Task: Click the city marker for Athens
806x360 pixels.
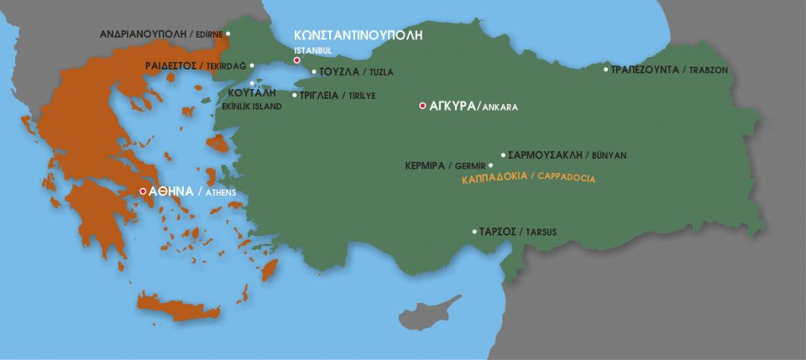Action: [x=144, y=191]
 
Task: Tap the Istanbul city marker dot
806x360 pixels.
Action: [x=296, y=60]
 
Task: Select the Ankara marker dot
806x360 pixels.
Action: [x=421, y=106]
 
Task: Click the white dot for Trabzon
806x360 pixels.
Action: [x=606, y=69]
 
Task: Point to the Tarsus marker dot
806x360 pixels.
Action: [x=474, y=232]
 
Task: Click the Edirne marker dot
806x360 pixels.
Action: [x=228, y=34]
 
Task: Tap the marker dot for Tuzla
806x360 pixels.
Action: [x=314, y=71]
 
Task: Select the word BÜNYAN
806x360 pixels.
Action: [x=609, y=155]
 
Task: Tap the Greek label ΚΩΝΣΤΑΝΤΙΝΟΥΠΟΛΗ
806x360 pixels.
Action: [x=357, y=36]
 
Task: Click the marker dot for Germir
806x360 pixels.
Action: [x=491, y=165]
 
